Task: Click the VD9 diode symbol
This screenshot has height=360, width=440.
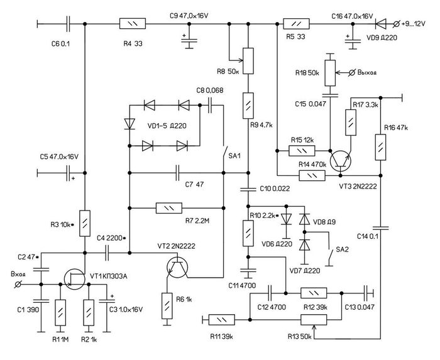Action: pos(381,23)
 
